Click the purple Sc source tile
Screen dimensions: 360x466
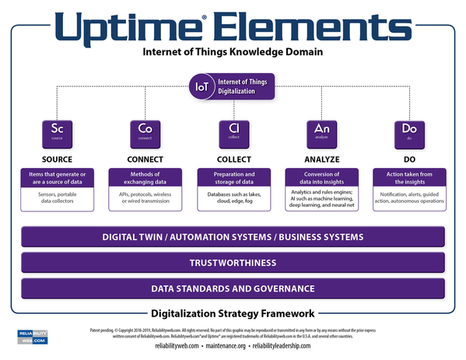point(57,133)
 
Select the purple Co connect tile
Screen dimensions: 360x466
point(145,133)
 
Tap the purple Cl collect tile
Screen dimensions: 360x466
point(233,133)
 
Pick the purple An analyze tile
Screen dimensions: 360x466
point(321,133)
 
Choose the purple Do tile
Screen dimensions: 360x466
point(409,133)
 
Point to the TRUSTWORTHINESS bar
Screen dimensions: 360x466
point(233,263)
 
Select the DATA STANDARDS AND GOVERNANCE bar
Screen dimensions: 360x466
point(233,288)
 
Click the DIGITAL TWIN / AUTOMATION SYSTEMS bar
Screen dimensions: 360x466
point(233,236)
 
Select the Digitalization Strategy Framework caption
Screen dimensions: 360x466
point(233,313)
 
